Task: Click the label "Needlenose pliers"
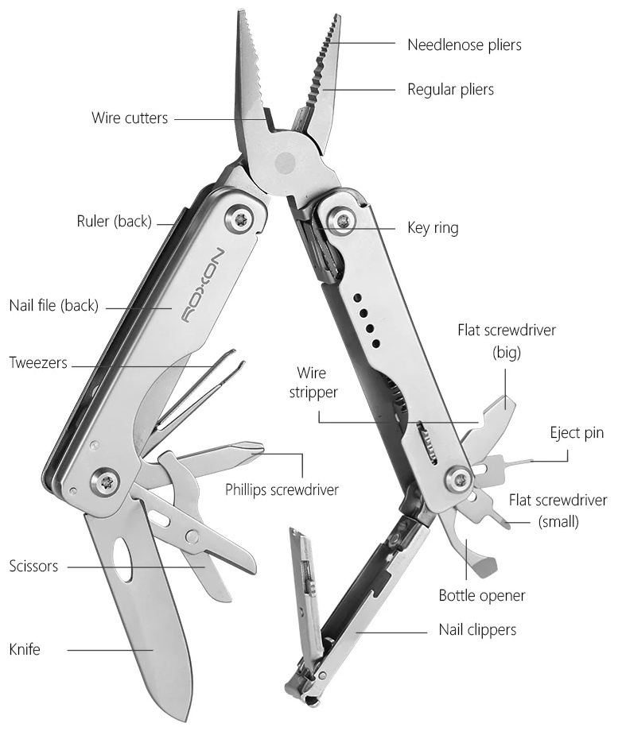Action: pyautogui.click(x=465, y=44)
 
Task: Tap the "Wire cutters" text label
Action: pyautogui.click(x=130, y=118)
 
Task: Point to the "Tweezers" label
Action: pyautogui.click(x=38, y=363)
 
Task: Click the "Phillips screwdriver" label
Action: pyautogui.click(x=282, y=489)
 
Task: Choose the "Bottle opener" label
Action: pyautogui.click(x=482, y=594)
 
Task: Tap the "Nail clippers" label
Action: pyautogui.click(x=477, y=630)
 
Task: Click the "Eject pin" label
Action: pyautogui.click(x=577, y=433)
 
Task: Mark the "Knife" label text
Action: pyautogui.click(x=25, y=649)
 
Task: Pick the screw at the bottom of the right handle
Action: pyautogui.click(x=460, y=479)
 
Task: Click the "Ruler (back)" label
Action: pyautogui.click(x=114, y=222)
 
